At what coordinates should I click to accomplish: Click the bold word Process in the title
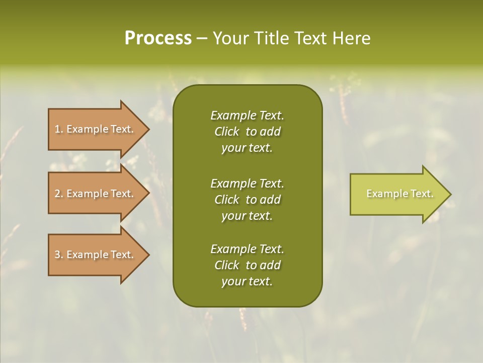tap(158, 38)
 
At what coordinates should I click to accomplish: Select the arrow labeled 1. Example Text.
tap(96, 129)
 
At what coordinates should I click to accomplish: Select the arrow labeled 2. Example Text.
tap(96, 194)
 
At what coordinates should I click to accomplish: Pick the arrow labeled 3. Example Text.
tap(96, 255)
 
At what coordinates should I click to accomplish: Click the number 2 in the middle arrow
tap(57, 194)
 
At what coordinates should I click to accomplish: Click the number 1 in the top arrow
tap(57, 129)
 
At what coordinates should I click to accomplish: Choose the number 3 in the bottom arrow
tap(57, 255)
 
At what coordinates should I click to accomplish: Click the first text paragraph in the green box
tap(247, 132)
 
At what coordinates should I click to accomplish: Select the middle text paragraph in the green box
tap(247, 199)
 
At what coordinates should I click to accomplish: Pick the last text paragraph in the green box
tap(247, 265)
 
